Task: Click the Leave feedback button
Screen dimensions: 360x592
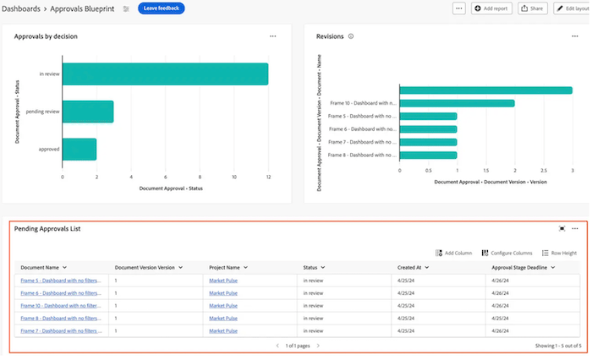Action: tap(161, 8)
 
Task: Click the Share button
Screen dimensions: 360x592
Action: tap(531, 8)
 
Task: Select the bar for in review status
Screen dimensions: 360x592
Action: tap(165, 74)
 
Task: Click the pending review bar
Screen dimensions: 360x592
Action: tap(88, 112)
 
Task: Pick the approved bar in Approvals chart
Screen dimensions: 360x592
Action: tap(79, 149)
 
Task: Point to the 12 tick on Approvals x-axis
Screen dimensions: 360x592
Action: tap(268, 177)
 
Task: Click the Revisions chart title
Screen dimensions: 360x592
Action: tap(330, 36)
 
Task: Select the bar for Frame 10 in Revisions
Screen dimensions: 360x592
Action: tap(457, 103)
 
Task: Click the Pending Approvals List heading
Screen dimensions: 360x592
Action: tap(47, 228)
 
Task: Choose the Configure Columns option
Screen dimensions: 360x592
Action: tap(507, 253)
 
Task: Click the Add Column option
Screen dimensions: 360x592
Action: tap(454, 253)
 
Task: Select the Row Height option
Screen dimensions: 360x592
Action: tap(560, 253)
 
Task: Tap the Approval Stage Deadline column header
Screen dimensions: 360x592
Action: tap(523, 267)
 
